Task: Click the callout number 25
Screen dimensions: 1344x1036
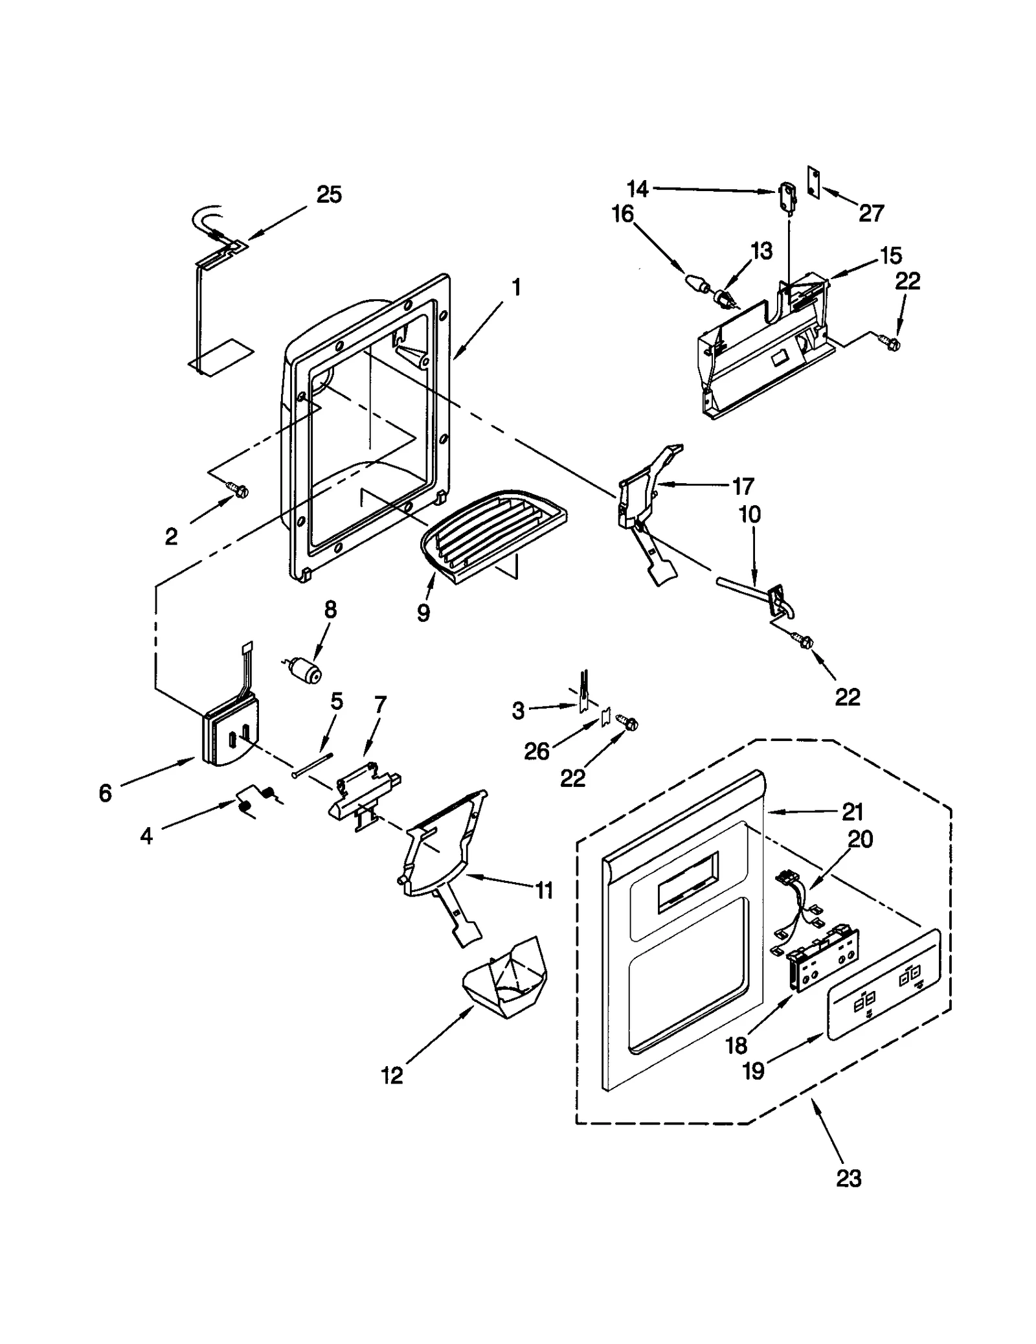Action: click(x=329, y=195)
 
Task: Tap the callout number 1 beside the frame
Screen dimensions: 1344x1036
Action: click(x=516, y=287)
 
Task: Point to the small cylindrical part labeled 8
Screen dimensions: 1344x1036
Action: click(x=306, y=668)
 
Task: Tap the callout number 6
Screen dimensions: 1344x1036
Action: click(x=106, y=793)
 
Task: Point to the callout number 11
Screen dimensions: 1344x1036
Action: click(x=545, y=891)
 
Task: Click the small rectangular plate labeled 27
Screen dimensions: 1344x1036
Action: click(x=813, y=181)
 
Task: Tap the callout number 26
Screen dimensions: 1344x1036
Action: click(x=537, y=751)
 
